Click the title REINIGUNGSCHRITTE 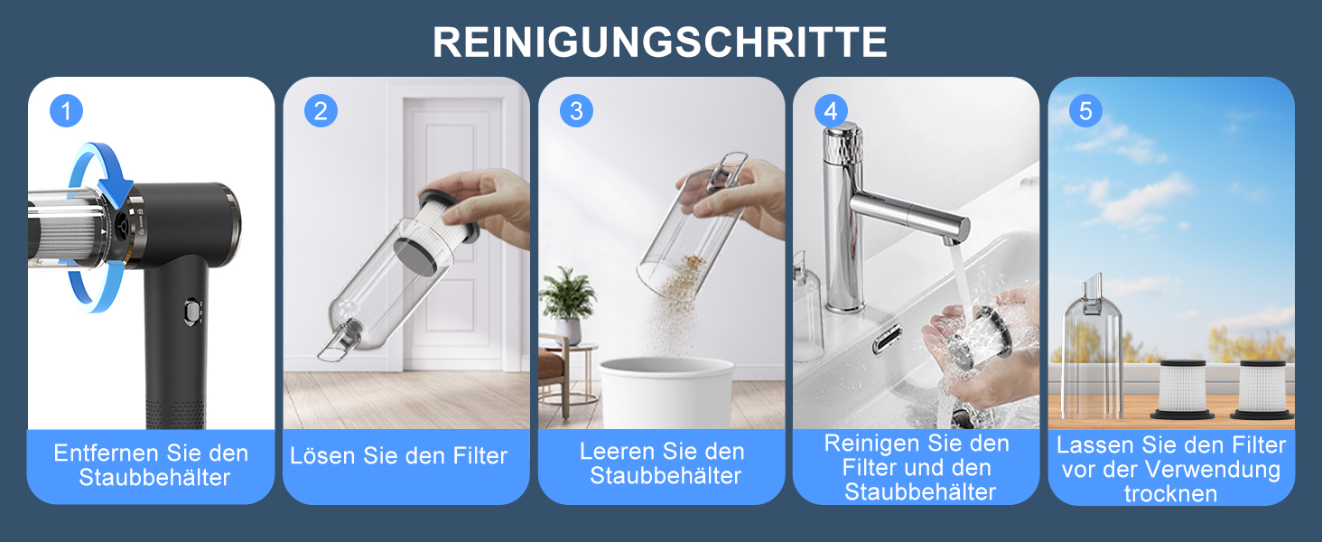coord(660,42)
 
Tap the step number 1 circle coord(66,111)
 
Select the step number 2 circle coord(321,111)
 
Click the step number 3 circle coord(576,111)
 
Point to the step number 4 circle coord(831,111)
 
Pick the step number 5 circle coord(1086,111)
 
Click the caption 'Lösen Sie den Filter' coord(399,456)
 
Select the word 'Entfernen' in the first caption coord(107,453)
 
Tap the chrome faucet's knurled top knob coord(843,144)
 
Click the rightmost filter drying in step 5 coord(1262,389)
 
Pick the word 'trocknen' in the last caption coord(1171,494)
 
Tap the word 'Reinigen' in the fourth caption coord(870,444)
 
